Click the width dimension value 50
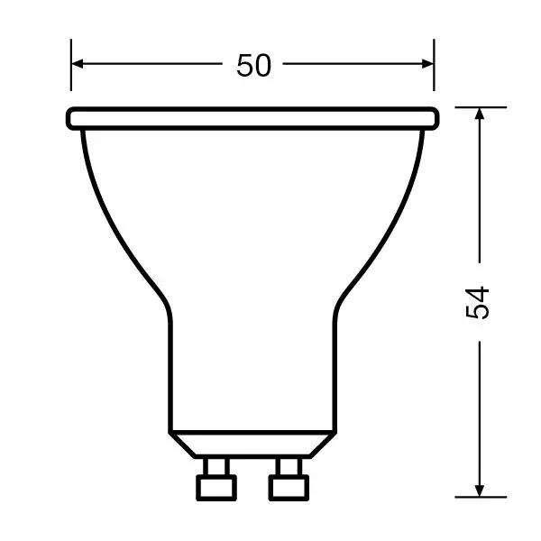[x=253, y=65]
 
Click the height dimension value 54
[x=478, y=301]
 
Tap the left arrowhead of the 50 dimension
[x=78, y=64]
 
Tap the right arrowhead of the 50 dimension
[x=427, y=64]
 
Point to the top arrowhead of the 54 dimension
[x=479, y=115]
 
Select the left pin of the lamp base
[x=215, y=477]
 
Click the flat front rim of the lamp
[x=252, y=117]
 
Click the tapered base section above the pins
[x=252, y=443]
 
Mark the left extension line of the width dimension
[x=71, y=65]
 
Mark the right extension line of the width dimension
[x=434, y=65]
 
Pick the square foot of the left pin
[x=215, y=487]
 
